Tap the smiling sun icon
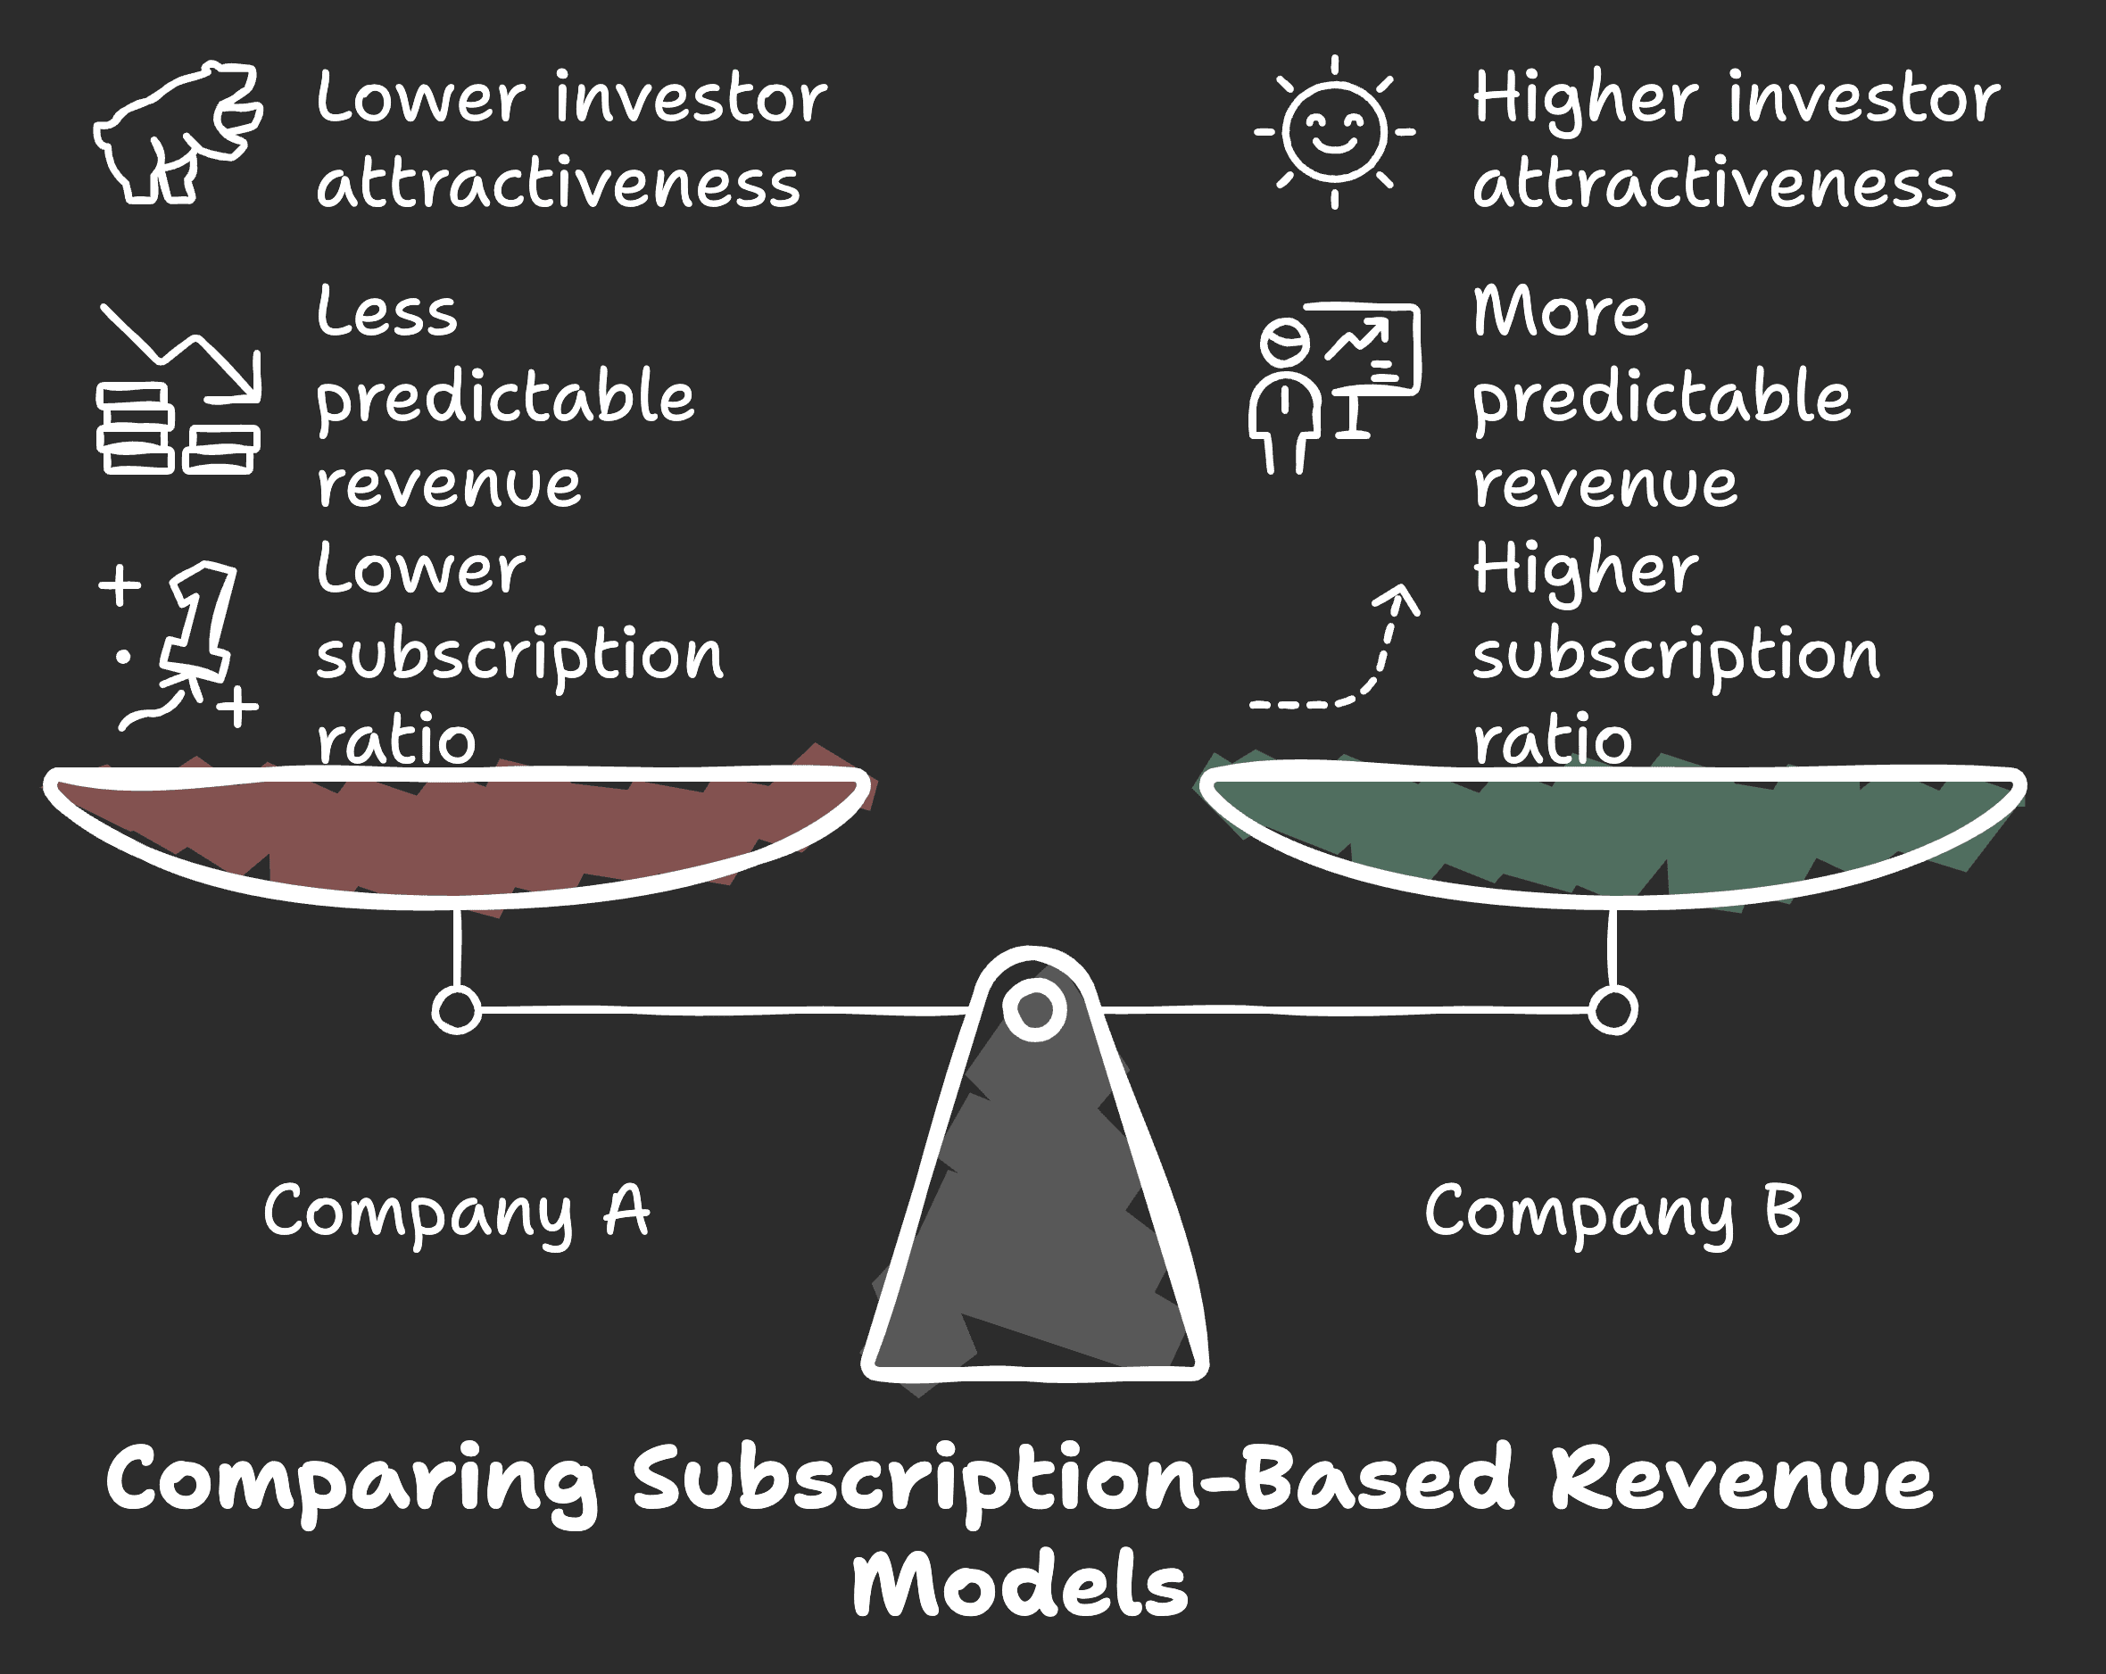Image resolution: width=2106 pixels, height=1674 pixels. click(x=1334, y=132)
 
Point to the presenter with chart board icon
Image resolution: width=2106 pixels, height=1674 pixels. click(x=1334, y=389)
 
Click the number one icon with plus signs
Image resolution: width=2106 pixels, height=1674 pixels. click(x=178, y=645)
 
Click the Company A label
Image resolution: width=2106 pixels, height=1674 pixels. click(x=456, y=1212)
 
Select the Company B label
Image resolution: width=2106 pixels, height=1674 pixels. click(x=1613, y=1212)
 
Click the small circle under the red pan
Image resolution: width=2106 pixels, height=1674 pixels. click(x=456, y=1010)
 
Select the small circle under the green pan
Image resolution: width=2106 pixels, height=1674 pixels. click(x=1613, y=1010)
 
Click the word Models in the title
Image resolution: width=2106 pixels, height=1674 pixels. click(x=1020, y=1584)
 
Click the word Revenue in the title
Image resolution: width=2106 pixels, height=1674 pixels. click(x=1743, y=1477)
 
